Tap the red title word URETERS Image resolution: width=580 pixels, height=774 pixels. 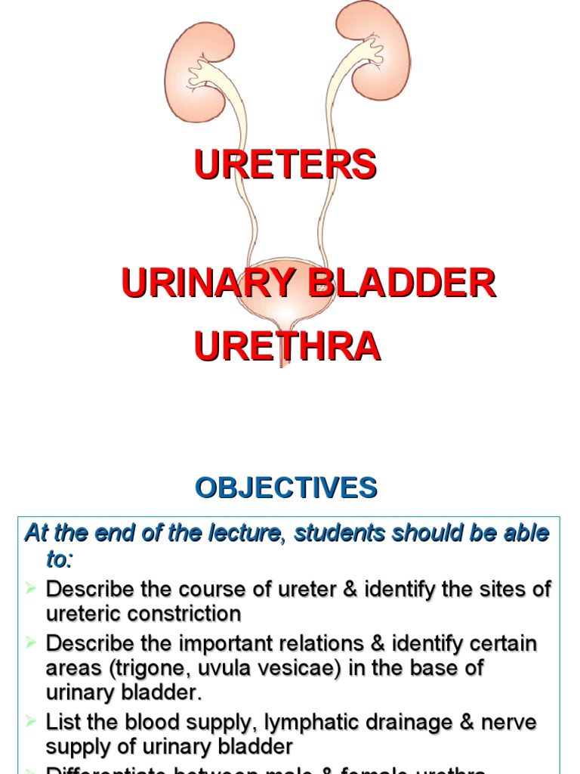(285, 165)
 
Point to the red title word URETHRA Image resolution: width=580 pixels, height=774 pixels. (287, 347)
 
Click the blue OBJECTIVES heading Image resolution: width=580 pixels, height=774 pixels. (286, 488)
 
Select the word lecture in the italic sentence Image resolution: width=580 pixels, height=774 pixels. (238, 534)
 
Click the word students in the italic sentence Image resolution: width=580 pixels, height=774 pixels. (341, 534)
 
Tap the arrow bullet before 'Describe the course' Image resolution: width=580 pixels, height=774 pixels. (31, 587)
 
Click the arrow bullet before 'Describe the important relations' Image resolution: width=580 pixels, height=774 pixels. (31, 642)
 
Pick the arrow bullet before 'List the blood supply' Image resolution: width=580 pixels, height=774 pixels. (31, 721)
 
